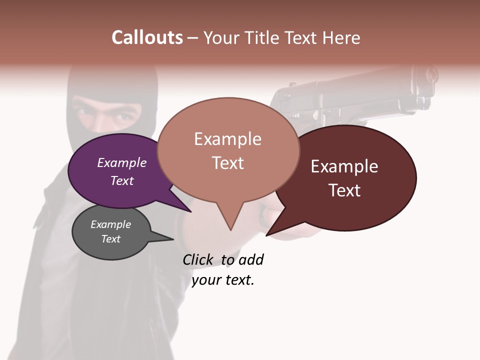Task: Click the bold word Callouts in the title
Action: tap(147, 38)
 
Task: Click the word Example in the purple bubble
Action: tap(121, 163)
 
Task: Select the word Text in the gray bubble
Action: tap(110, 239)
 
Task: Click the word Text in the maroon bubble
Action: tap(344, 190)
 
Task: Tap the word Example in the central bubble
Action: tap(227, 139)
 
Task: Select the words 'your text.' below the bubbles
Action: tap(222, 280)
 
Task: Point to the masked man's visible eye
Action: tap(119, 118)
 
